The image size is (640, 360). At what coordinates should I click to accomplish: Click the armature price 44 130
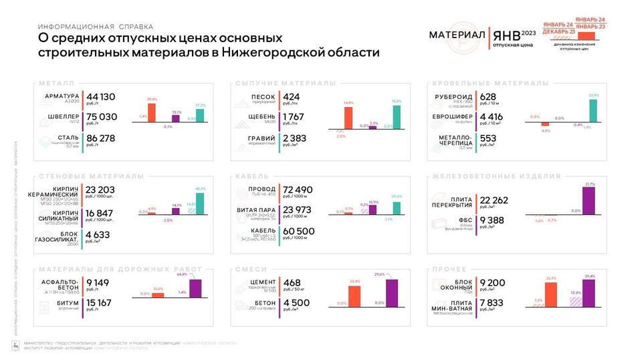coord(101,96)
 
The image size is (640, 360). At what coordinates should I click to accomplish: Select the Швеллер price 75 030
coord(102,117)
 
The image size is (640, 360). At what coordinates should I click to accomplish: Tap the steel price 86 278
coord(102,139)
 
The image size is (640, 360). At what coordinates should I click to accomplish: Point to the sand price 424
coord(291,96)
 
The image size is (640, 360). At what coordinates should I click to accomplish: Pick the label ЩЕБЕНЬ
coord(253,117)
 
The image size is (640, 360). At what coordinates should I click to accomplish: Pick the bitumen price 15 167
coord(99,303)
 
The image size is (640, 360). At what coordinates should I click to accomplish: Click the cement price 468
coord(292,282)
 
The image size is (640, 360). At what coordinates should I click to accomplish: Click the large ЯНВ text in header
coord(506,35)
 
